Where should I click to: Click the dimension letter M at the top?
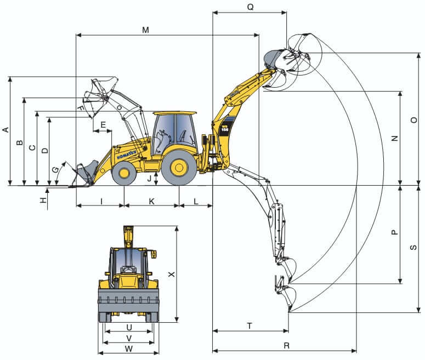[x=145, y=30]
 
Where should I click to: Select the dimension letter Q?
[x=250, y=7]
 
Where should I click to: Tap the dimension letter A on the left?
[x=5, y=130]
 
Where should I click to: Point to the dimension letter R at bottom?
[x=286, y=345]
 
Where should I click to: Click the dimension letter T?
[x=250, y=325]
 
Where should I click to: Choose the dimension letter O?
[x=414, y=120]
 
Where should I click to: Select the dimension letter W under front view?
[x=129, y=348]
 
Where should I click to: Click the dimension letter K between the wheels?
[x=152, y=201]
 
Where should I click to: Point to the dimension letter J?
[x=149, y=178]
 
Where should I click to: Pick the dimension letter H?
[x=43, y=201]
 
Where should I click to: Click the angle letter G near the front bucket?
[x=55, y=170]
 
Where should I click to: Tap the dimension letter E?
[x=103, y=125]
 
